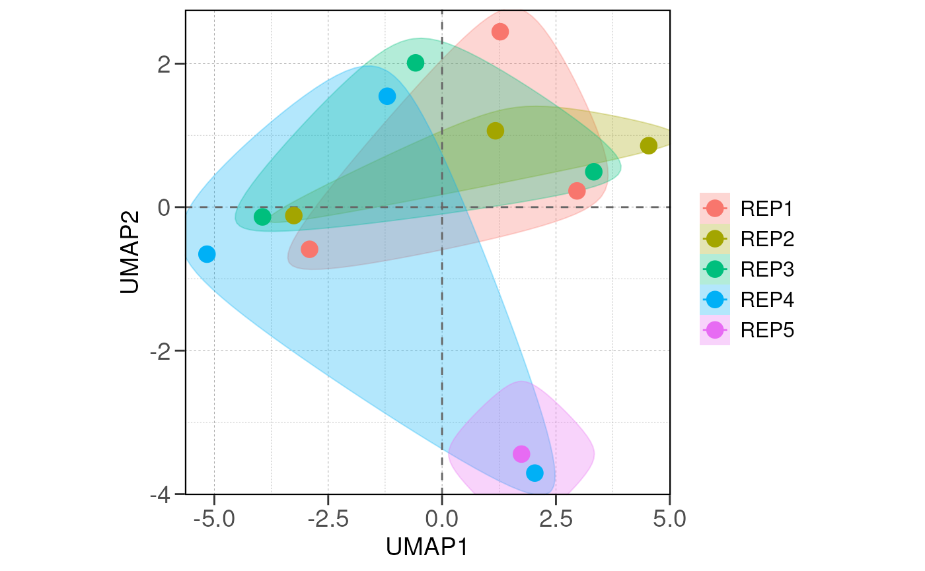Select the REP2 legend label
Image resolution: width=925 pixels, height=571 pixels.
pyautogui.click(x=766, y=238)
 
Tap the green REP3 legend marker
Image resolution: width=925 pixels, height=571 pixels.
pyautogui.click(x=715, y=269)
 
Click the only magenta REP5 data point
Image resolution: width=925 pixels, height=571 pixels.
pyautogui.click(x=521, y=453)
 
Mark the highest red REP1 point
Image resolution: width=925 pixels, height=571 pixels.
pyautogui.click(x=500, y=32)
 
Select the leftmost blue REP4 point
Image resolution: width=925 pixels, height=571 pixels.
pyautogui.click(x=207, y=254)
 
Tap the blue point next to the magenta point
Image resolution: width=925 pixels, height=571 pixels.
pyautogui.click(x=535, y=473)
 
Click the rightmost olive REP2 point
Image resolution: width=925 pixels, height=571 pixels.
pyautogui.click(x=649, y=145)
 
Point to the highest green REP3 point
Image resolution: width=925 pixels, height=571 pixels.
pyautogui.click(x=416, y=63)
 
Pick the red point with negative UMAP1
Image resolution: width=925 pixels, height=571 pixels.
pyautogui.click(x=309, y=249)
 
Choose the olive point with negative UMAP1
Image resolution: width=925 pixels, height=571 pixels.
pyautogui.click(x=293, y=215)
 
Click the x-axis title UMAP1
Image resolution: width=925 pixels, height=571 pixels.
pyautogui.click(x=427, y=547)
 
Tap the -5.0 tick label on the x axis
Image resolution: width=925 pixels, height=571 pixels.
pyautogui.click(x=213, y=519)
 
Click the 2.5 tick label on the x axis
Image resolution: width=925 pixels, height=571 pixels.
pyautogui.click(x=556, y=519)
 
